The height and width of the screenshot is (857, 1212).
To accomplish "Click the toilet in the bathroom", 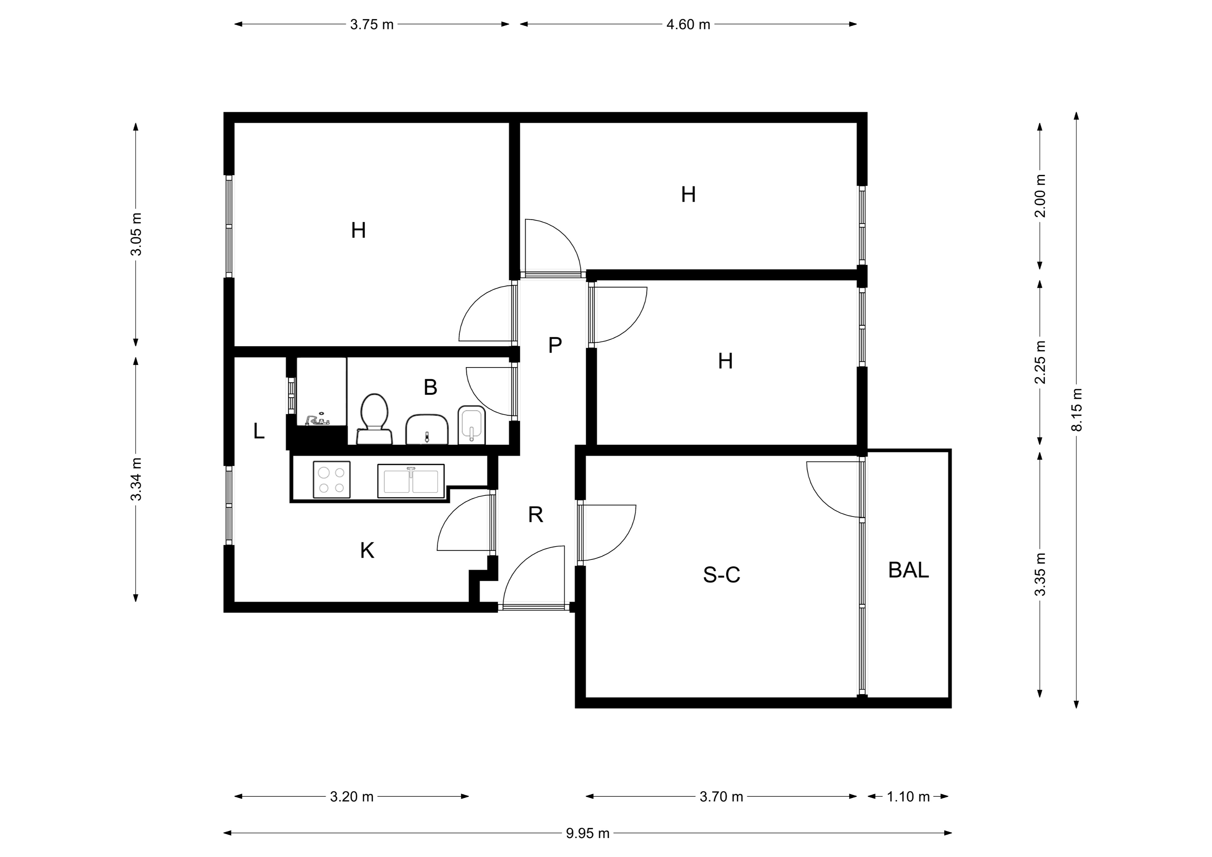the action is pos(374,419).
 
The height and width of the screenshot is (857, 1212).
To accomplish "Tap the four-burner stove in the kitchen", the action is pos(331,479).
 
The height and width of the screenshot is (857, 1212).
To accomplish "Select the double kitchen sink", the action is pos(411,481).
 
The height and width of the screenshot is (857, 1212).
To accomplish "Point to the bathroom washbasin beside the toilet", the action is pos(427,429).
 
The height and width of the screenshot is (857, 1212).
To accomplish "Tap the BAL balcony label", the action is pos(908,570).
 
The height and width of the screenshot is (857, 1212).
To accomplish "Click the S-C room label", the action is pos(722,574).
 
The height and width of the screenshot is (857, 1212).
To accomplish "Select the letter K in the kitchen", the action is pos(367,551).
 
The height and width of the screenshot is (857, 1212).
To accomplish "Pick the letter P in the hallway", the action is pos(555,345).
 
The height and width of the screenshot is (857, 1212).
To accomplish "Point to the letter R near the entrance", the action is pos(536,514).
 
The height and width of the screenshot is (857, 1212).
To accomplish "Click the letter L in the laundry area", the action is pos(259,431).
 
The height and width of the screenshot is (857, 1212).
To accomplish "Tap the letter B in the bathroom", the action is pos(430,388).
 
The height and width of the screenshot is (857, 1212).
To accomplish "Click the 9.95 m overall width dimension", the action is pos(587,833).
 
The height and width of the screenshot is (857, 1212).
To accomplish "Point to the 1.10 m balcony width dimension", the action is pos(908,797).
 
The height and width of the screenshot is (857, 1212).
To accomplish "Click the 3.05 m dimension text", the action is pos(136,235).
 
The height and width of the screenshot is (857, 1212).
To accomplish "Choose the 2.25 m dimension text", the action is pos(1040,362).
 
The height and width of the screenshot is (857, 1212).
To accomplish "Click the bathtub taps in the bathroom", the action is pos(316,420).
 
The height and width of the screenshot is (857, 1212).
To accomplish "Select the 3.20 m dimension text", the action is pos(352,797).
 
